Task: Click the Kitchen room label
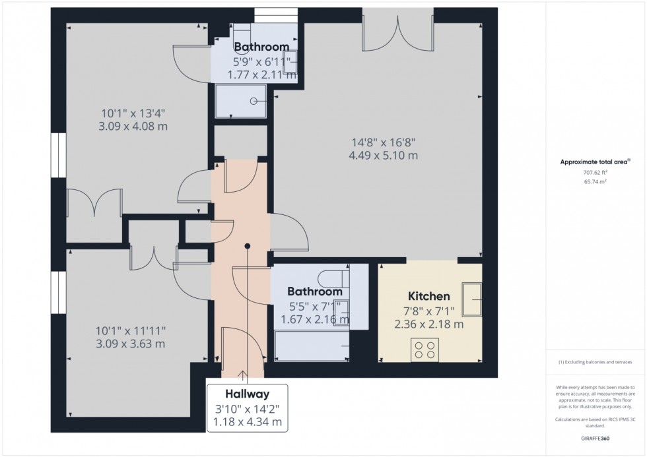click(x=428, y=297)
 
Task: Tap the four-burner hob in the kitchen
click(x=425, y=349)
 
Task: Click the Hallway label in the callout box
click(x=248, y=394)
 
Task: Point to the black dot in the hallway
click(x=248, y=246)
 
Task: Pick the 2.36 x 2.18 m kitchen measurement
click(x=428, y=324)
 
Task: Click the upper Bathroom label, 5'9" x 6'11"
click(x=261, y=47)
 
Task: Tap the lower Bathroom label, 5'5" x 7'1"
click(x=315, y=291)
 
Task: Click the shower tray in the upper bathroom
click(x=241, y=101)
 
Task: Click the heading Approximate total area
click(x=595, y=162)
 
